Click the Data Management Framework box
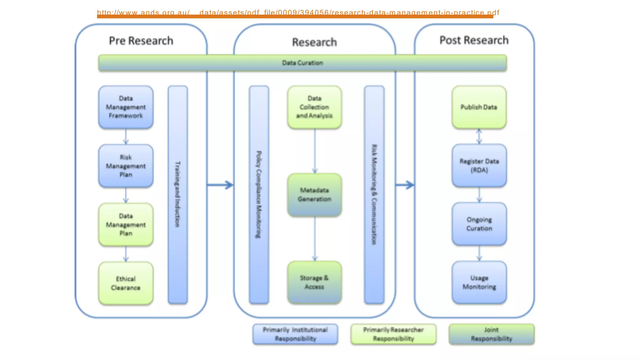[126, 107]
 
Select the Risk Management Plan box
[126, 166]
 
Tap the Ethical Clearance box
[126, 283]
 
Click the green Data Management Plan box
[126, 225]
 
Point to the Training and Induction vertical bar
[177, 194]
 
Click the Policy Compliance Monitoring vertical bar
[259, 194]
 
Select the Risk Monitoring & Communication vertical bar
[374, 194]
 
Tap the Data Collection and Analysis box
[314, 107]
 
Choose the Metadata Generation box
[314, 195]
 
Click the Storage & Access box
[314, 282]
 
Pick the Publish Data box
[479, 107]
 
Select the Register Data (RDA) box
[479, 166]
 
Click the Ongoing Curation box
[479, 224]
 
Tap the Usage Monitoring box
[479, 282]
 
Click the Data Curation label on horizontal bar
[302, 63]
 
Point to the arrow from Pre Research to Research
[220, 185]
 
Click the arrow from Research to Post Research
[405, 185]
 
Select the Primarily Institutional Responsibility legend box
[295, 334]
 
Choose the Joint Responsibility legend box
[491, 334]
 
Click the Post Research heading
[474, 40]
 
